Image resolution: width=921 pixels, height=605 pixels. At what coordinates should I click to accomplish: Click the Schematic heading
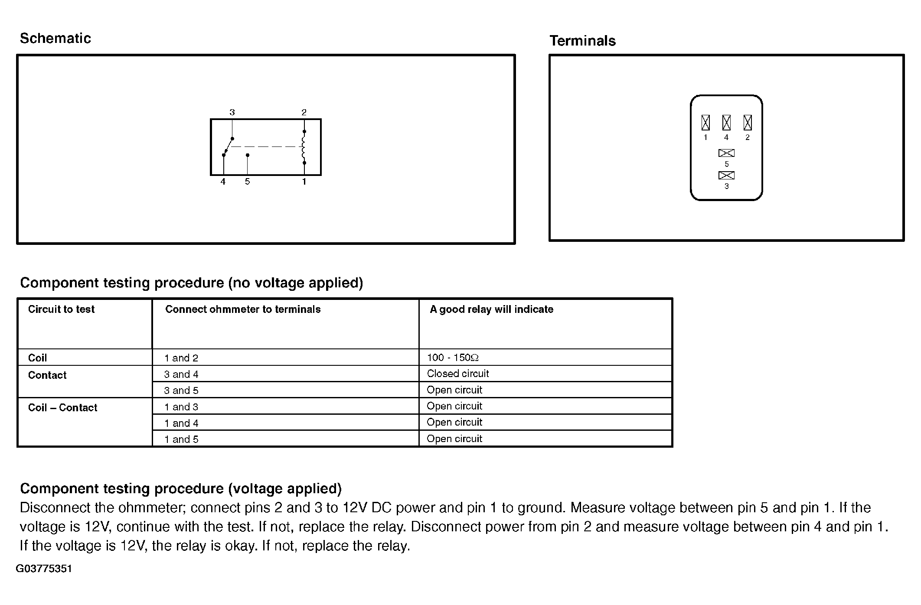[x=56, y=39]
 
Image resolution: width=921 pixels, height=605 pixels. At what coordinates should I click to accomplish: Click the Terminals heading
[x=582, y=41]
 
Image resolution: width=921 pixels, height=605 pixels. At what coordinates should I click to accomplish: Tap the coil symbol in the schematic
[x=304, y=147]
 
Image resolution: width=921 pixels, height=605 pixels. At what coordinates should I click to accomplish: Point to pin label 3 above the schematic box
[x=232, y=112]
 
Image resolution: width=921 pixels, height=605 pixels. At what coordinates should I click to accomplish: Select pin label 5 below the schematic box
[x=247, y=182]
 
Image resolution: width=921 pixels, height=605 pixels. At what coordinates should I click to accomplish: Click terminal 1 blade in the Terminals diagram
[x=705, y=123]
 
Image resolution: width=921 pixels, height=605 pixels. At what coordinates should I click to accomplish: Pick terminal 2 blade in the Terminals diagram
[x=748, y=123]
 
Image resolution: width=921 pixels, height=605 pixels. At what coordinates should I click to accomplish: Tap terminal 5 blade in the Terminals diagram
[x=726, y=153]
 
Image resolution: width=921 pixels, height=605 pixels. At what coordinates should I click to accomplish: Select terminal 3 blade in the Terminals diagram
[x=726, y=176]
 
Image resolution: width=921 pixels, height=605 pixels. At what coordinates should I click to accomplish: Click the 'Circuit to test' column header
[x=61, y=309]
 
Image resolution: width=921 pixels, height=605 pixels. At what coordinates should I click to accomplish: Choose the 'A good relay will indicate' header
[x=491, y=309]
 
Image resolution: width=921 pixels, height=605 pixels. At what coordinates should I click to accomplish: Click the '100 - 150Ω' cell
[x=453, y=358]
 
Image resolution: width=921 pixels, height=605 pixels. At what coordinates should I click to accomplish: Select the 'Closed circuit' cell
[x=458, y=374]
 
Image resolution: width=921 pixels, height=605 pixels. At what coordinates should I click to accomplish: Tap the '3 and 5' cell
[x=181, y=390]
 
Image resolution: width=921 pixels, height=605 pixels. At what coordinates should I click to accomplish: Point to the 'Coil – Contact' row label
[x=62, y=408]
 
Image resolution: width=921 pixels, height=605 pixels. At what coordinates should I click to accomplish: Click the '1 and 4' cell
[x=181, y=423]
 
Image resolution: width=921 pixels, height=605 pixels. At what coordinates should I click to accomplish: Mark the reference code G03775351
[x=44, y=569]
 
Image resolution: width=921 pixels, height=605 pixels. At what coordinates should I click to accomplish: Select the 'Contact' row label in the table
[x=47, y=375]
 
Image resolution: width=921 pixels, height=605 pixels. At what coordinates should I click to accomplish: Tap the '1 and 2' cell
[x=181, y=358]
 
